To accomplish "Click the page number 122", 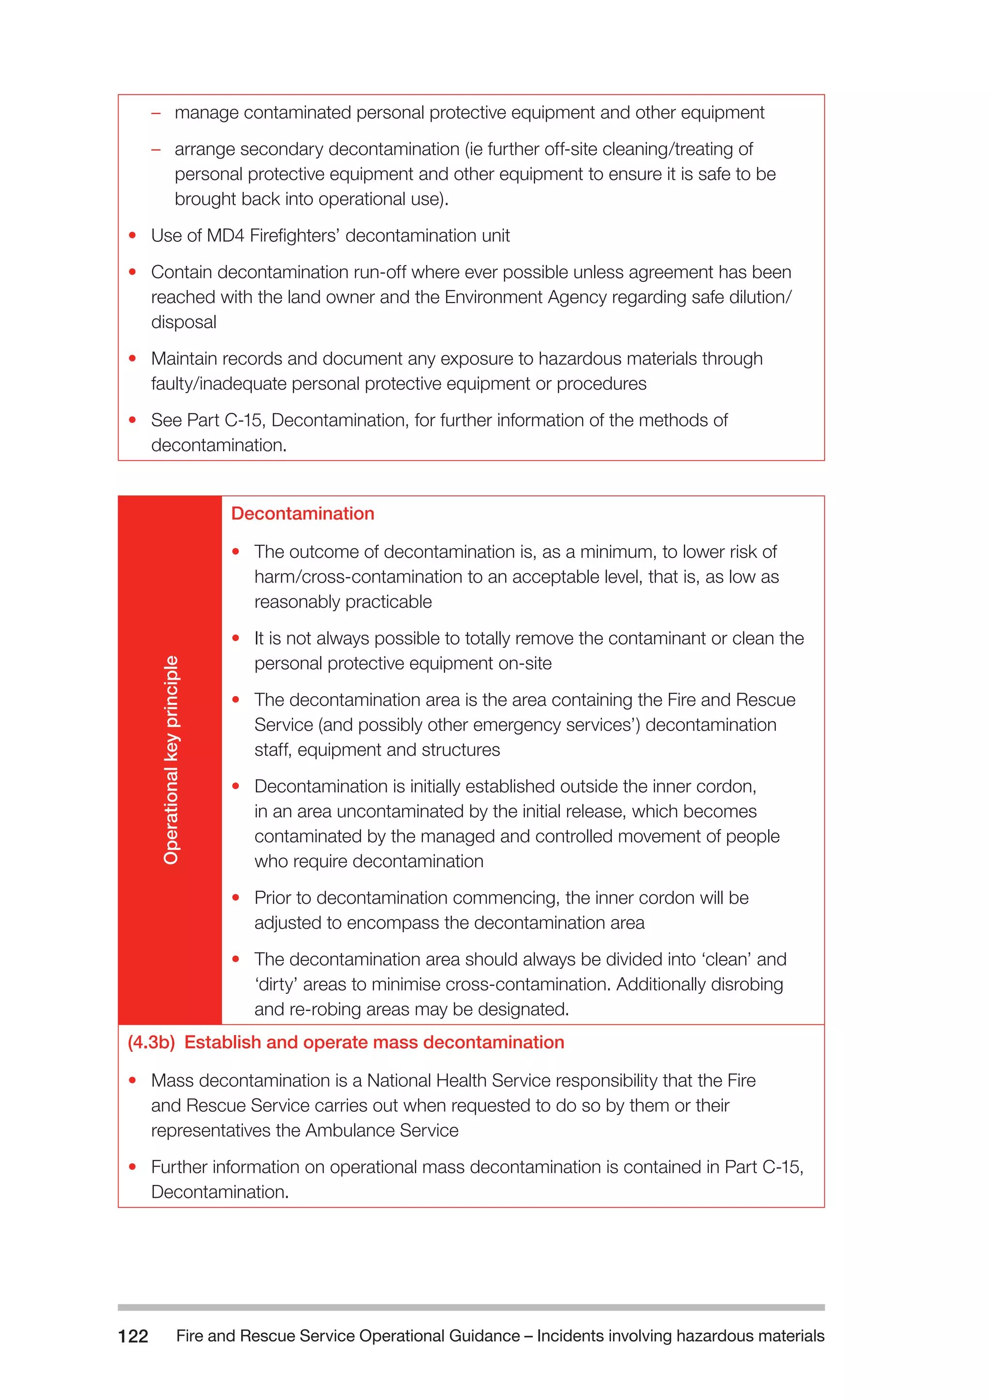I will click(133, 1336).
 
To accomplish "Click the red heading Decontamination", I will click(302, 513).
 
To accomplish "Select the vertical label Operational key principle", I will click(171, 760).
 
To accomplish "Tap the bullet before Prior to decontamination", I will click(235, 898).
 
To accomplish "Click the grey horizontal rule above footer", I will click(471, 1307).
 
